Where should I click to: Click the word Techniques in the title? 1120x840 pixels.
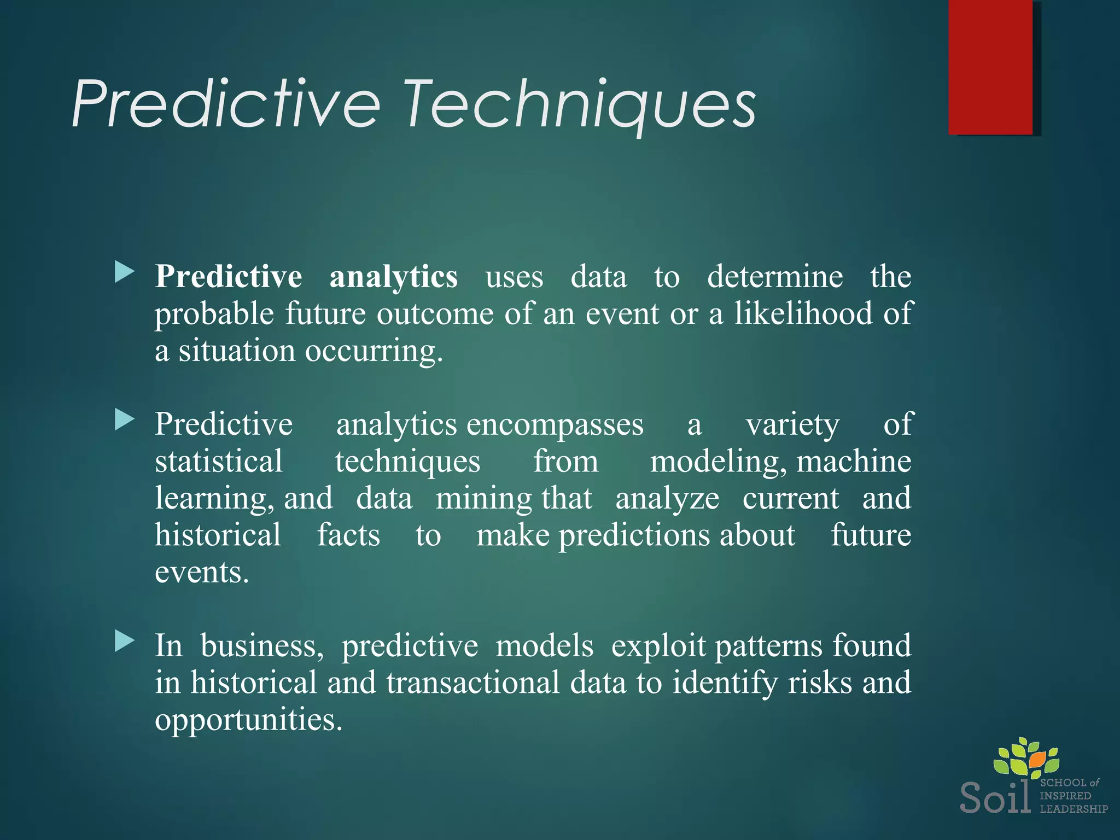[580, 104]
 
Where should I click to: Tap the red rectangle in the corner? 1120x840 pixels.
[990, 67]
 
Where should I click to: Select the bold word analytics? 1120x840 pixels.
[393, 277]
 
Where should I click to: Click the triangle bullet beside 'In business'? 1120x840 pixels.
[125, 641]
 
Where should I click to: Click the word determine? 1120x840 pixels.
[774, 277]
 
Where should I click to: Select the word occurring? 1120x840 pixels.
[374, 351]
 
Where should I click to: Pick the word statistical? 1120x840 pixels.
[219, 462]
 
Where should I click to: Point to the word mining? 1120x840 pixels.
[483, 499]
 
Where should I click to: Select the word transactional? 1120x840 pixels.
[472, 684]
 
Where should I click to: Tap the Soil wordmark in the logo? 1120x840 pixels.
[995, 797]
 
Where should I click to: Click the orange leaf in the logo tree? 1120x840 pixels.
[1037, 759]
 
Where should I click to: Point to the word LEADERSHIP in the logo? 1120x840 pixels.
[1074, 809]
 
